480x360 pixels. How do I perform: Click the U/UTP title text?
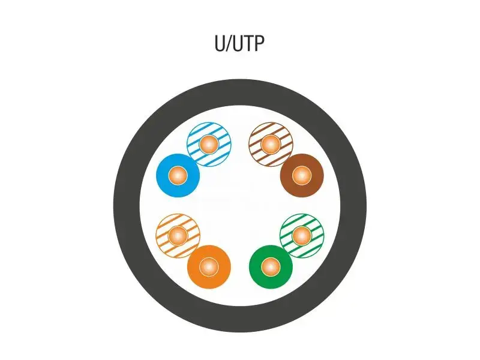click(239, 44)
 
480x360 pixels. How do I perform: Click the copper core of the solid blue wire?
click(177, 176)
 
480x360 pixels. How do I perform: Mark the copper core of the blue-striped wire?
click(208, 144)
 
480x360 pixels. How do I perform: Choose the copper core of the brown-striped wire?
click(271, 144)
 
